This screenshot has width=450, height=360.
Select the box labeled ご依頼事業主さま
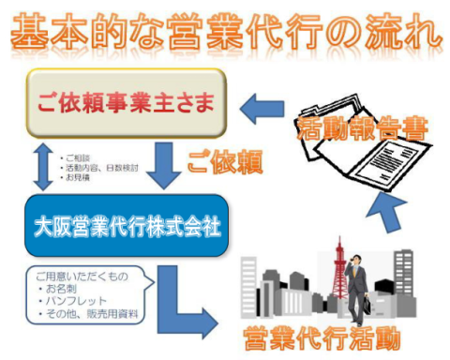tap(126, 101)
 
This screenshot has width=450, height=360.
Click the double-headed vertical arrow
tap(37, 167)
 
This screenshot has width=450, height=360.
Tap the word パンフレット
tap(81, 301)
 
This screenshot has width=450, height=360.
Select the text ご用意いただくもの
tap(80, 277)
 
